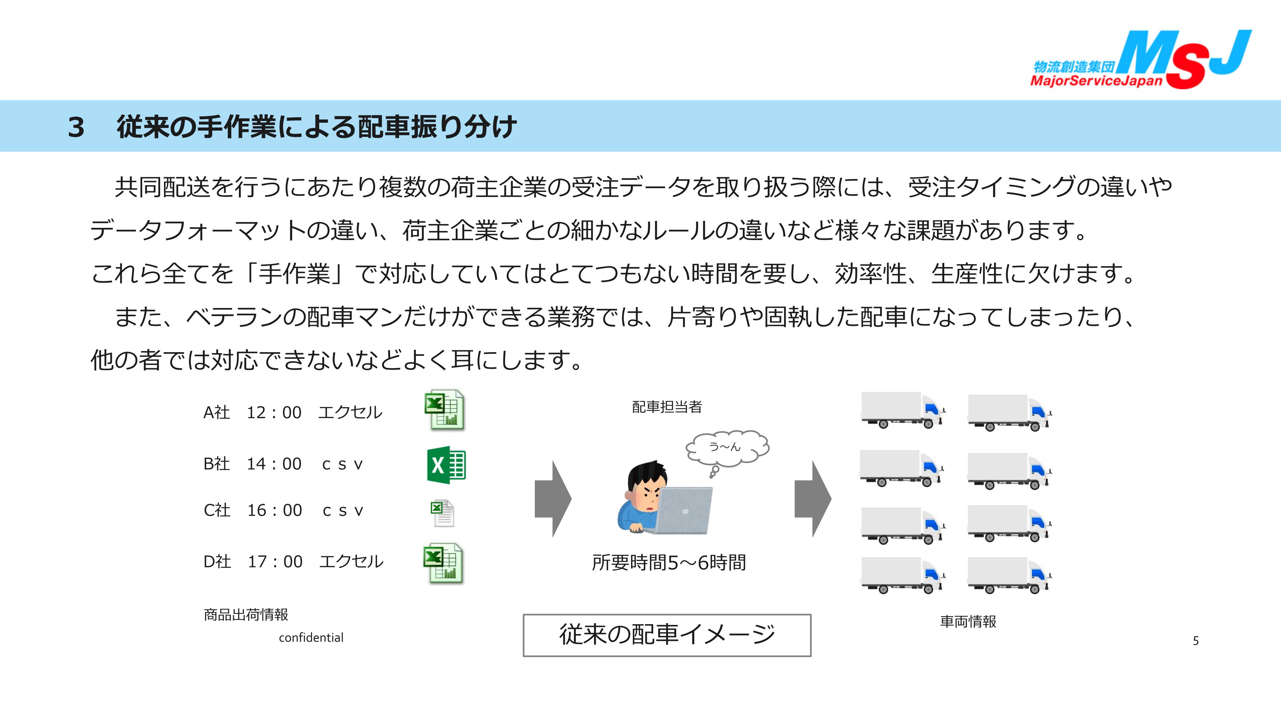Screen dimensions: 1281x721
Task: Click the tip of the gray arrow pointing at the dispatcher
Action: coord(572,499)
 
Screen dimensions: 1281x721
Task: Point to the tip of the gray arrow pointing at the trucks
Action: coord(831,499)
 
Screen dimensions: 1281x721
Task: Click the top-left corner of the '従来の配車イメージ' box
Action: coord(523,615)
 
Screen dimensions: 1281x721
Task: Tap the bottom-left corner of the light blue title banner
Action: coord(0,151)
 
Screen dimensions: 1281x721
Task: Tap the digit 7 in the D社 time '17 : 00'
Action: coord(263,562)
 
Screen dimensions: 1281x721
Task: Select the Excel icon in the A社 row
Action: coord(445,410)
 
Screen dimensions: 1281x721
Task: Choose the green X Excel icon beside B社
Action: coord(446,465)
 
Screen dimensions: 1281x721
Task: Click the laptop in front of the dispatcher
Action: coord(683,510)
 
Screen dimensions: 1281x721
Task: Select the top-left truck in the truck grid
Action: coord(902,410)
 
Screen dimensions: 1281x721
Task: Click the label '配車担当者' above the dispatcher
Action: coord(667,407)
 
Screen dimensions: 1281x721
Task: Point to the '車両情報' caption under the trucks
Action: coord(968,621)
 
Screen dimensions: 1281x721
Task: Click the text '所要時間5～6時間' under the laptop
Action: coord(668,563)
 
